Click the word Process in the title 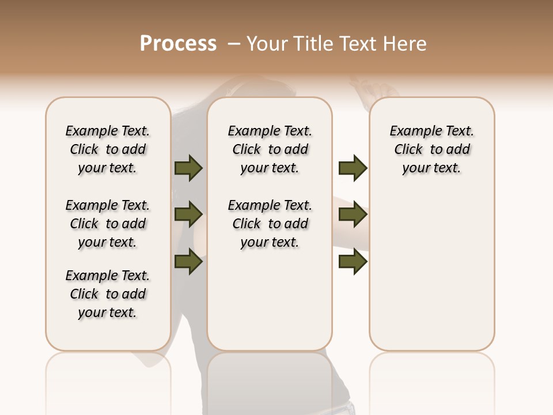tap(178, 44)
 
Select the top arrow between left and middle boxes tap(188, 168)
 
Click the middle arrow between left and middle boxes tap(188, 215)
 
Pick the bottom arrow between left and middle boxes tap(188, 262)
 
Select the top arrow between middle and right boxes tap(353, 168)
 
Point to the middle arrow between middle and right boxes tap(353, 215)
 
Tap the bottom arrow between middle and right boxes tap(353, 262)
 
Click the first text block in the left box tap(108, 149)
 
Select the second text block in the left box tap(108, 224)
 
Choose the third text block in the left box tap(108, 294)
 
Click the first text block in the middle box tap(270, 149)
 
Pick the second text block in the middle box tap(270, 224)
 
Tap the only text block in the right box tap(431, 149)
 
